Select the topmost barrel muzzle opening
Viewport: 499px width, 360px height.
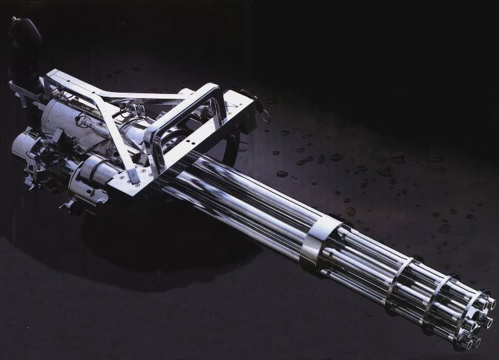point(486,298)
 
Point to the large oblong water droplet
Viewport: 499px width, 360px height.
point(304,161)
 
